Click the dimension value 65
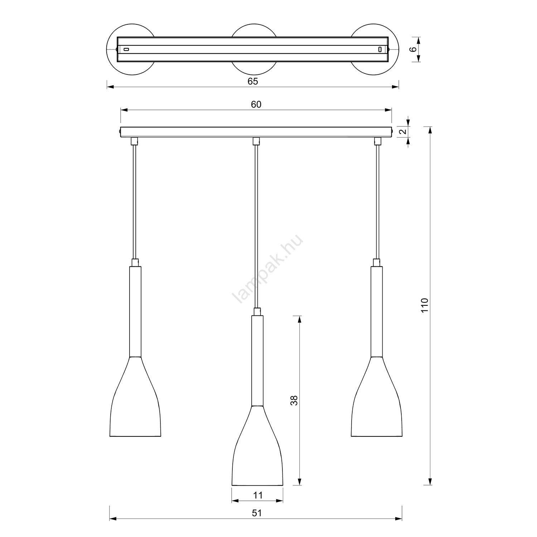(x=253, y=81)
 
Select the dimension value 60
(x=256, y=104)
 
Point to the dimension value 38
(x=294, y=400)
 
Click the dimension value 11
(x=258, y=495)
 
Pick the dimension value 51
(x=257, y=513)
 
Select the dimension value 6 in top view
(x=414, y=49)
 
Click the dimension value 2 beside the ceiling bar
(x=403, y=131)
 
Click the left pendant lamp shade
(x=135, y=397)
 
